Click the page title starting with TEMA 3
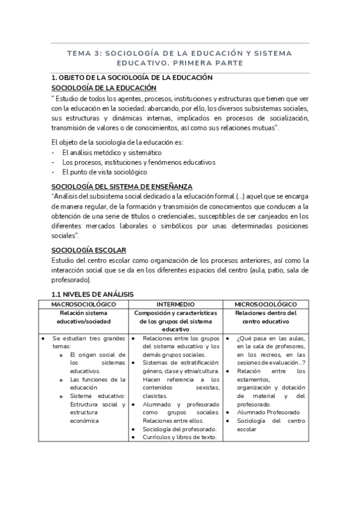pyautogui.click(x=180, y=58)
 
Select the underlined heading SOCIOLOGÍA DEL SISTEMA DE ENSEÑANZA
pyautogui.click(x=121, y=187)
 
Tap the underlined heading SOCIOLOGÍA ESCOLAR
pyautogui.click(x=88, y=250)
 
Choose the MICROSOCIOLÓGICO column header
pyautogui.click(x=266, y=304)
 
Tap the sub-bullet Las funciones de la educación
pyautogui.click(x=97, y=384)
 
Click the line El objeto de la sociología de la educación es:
pyautogui.click(x=117, y=142)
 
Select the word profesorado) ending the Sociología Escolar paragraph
pyautogui.click(x=71, y=280)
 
